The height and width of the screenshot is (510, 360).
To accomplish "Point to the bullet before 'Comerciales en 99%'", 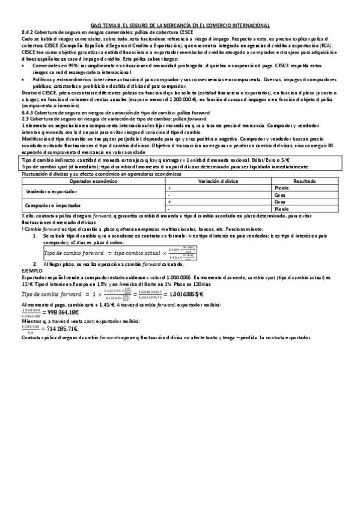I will coord(23,65).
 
